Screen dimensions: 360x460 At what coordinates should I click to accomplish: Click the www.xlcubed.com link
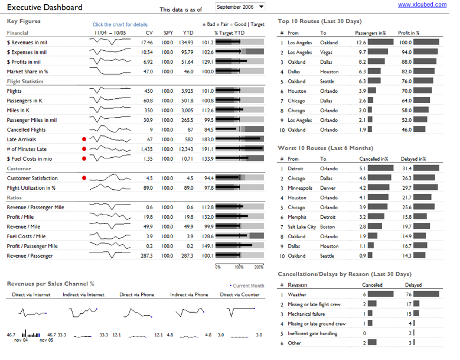pos(421,5)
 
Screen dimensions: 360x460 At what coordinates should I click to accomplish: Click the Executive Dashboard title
pos(45,8)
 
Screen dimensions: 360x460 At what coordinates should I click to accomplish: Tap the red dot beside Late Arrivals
pos(84,140)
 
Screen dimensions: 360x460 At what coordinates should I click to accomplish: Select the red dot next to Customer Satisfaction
pos(84,178)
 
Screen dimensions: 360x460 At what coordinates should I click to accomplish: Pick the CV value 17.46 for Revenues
pos(147,43)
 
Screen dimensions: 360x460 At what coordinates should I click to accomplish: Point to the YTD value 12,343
pos(186,149)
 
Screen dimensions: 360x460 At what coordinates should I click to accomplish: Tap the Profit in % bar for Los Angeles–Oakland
pos(426,43)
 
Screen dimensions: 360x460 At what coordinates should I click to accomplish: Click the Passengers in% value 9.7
pos(363,52)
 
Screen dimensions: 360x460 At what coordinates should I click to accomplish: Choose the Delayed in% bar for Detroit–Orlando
pos(426,168)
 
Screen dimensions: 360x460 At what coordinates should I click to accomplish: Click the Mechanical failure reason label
pos(306,314)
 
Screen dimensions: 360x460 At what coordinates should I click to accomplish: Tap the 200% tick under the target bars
pos(259,267)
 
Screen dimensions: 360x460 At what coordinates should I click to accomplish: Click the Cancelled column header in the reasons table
pos(372,285)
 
